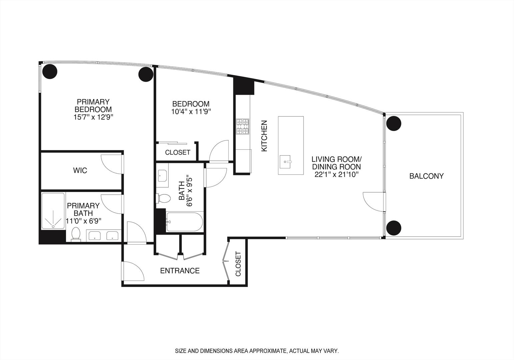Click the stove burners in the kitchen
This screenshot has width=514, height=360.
243,127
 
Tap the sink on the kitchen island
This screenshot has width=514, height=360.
286,162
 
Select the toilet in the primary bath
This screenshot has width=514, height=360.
76,234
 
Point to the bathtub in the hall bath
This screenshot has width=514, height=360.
184,222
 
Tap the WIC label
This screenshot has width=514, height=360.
80,171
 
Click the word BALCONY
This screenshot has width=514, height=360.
426,176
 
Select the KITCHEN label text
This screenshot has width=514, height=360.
264,136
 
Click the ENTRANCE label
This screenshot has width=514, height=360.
180,271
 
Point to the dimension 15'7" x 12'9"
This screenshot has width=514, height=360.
93,117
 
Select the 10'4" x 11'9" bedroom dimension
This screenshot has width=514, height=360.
191,112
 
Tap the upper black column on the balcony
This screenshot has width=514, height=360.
394,123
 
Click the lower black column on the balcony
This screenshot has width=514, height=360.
394,228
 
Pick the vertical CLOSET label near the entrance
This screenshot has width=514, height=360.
238,264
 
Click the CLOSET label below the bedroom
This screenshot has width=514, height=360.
178,152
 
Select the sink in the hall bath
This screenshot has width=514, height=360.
162,175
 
